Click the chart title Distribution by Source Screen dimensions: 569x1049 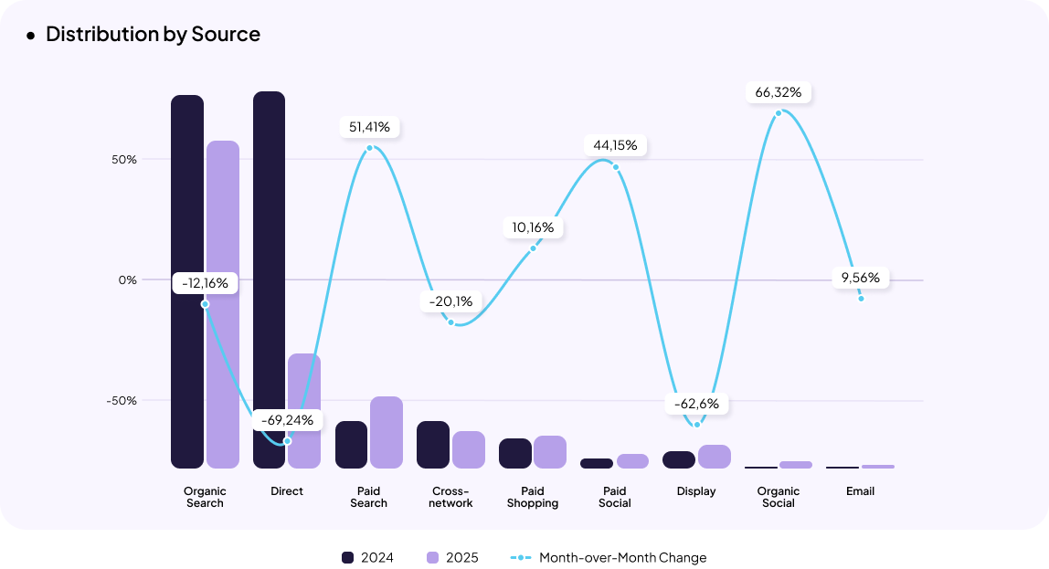pos(153,35)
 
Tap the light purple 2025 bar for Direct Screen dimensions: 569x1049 pos(304,411)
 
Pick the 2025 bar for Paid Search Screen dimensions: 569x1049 pos(387,432)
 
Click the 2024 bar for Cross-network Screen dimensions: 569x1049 pos(433,445)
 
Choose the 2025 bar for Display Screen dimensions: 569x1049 pos(715,457)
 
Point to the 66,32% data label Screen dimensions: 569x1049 pos(779,92)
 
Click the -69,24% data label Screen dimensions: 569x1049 pos(287,420)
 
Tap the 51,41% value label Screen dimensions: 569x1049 pos(370,127)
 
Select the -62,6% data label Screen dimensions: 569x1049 pos(696,404)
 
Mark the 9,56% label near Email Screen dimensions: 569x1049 pos(861,278)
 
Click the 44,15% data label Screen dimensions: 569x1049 pos(615,145)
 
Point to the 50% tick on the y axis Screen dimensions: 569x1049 pos(125,160)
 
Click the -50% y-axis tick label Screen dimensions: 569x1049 pos(122,401)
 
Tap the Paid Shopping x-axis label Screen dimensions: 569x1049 pos(533,497)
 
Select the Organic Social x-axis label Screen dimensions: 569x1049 pos(779,497)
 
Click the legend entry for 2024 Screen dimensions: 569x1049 pos(367,557)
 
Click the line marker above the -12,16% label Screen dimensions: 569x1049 pos(205,304)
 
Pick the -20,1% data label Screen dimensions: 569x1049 pos(451,301)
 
